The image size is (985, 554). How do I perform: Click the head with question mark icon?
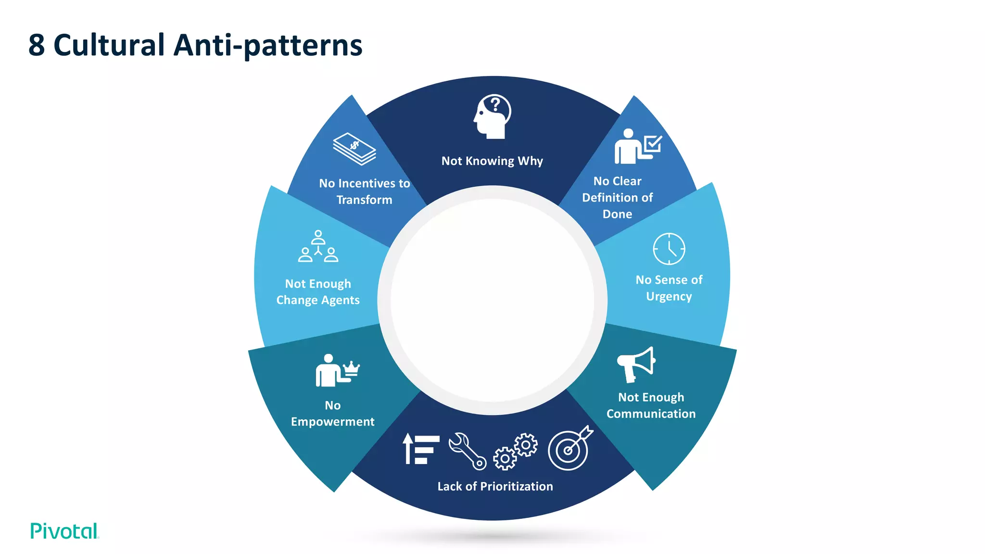click(x=492, y=116)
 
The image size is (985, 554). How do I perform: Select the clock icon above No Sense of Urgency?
click(x=669, y=249)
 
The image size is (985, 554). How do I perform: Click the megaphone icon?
click(x=636, y=364)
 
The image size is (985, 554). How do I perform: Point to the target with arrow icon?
click(x=570, y=448)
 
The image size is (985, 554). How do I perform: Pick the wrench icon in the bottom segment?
click(x=467, y=451)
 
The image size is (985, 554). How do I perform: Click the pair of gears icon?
click(x=515, y=451)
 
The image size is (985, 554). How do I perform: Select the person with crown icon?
click(x=337, y=371)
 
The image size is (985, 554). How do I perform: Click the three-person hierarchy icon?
click(x=318, y=247)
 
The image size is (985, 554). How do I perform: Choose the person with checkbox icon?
click(x=637, y=146)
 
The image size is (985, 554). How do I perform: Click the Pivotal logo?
click(x=64, y=531)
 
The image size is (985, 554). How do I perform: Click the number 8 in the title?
click(x=37, y=46)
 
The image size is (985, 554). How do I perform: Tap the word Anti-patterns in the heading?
click(x=267, y=46)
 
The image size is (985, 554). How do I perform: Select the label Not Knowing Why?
click(x=492, y=161)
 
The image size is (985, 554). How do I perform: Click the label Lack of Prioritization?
click(x=495, y=486)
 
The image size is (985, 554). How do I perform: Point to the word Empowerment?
click(x=332, y=422)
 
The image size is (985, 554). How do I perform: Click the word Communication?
click(x=651, y=414)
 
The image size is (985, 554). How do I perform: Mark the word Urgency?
click(x=669, y=296)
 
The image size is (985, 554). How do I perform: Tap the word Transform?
click(x=364, y=200)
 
